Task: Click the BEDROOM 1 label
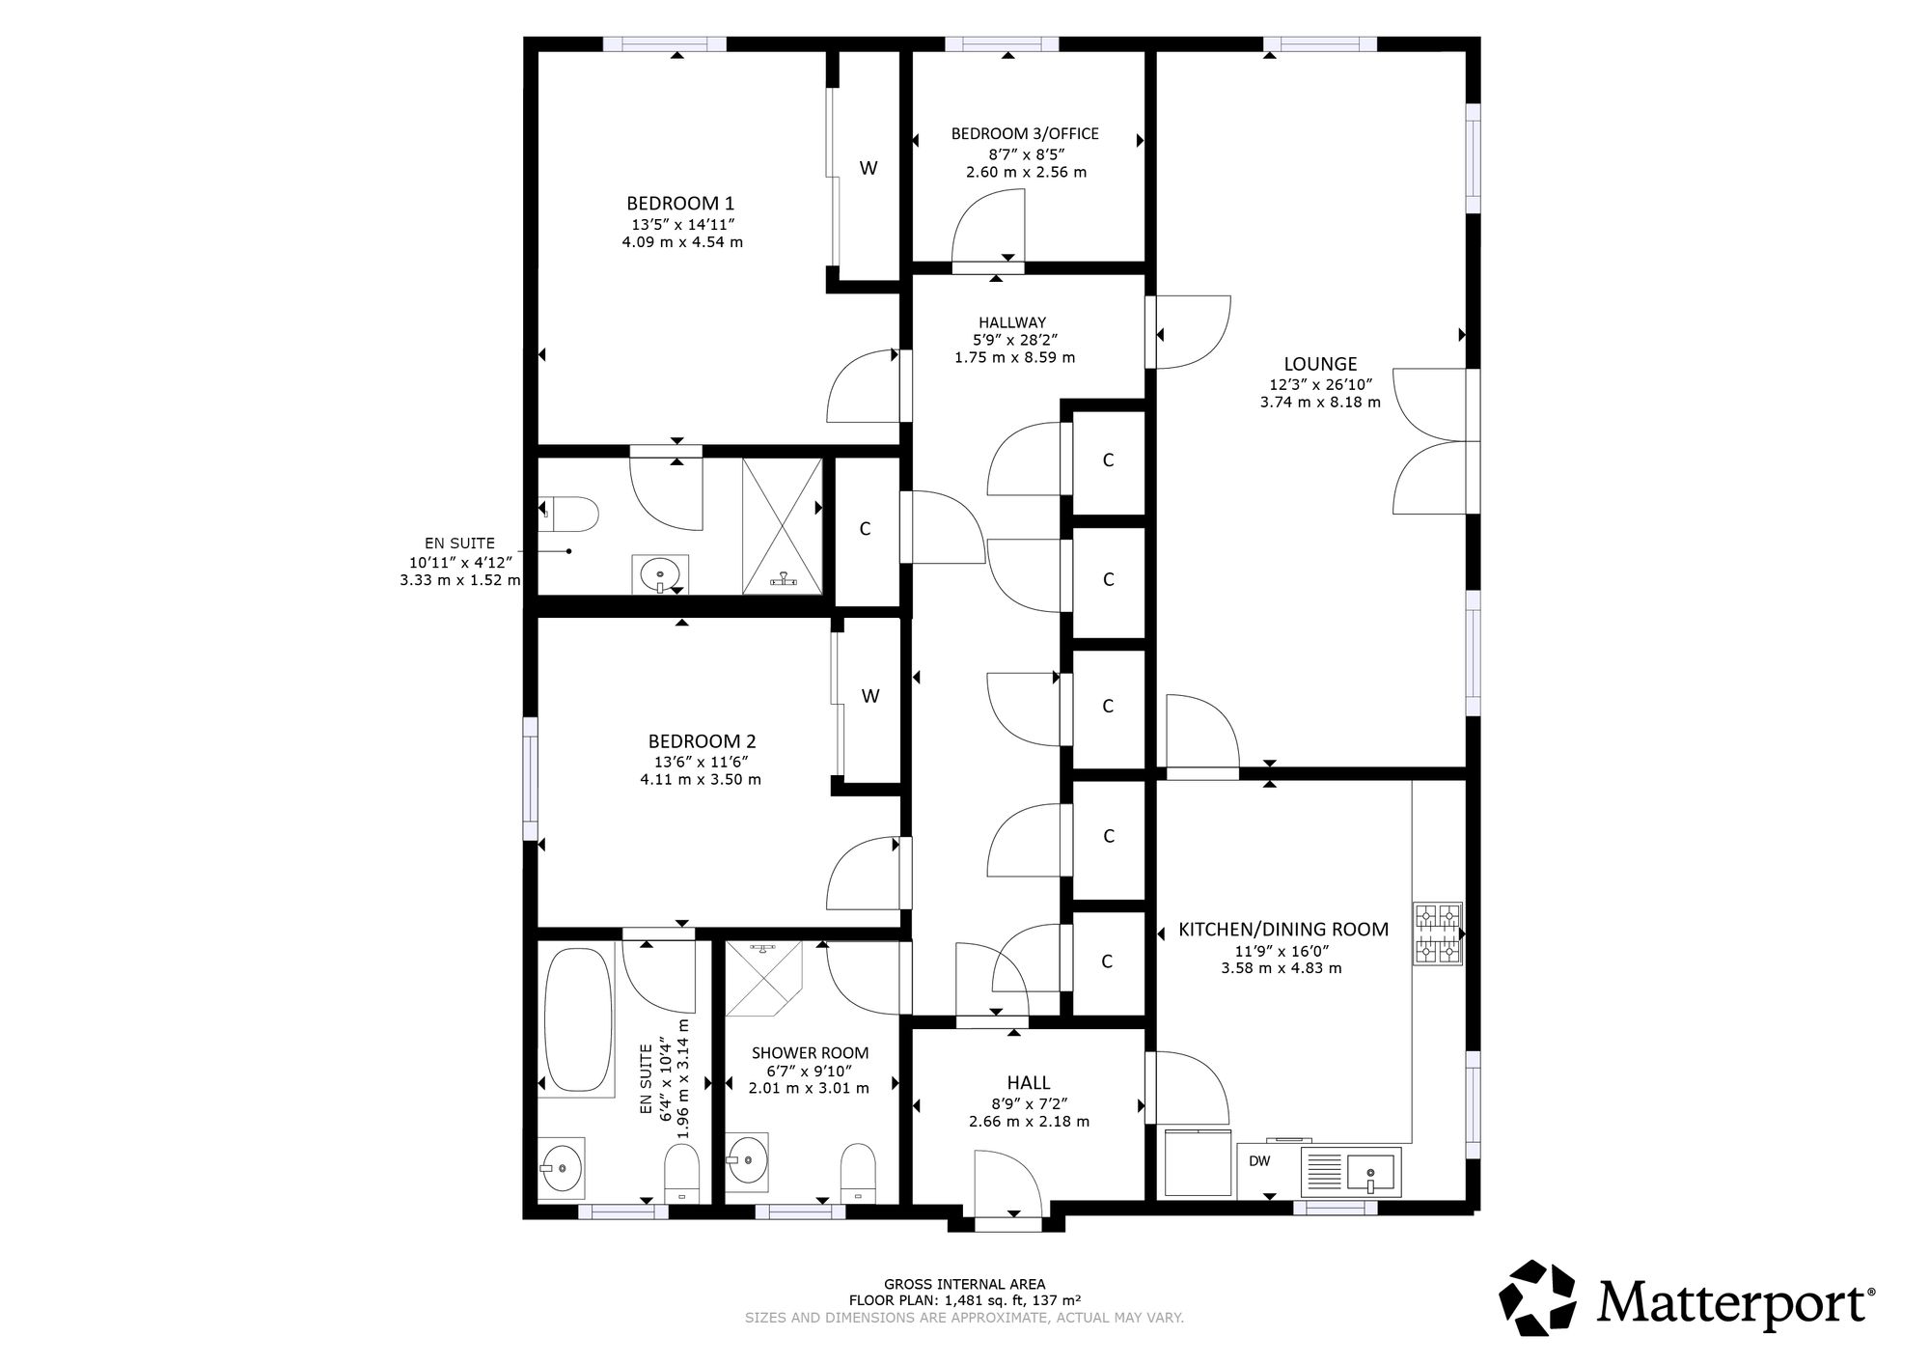pos(680,204)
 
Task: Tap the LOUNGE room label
pos(1320,364)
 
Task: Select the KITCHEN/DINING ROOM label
pos(1283,930)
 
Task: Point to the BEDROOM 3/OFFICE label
pos(1025,134)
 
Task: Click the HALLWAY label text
pos(1012,322)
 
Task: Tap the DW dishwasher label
pos(1259,1161)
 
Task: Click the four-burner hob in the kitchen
pos(1438,933)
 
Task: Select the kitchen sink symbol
pos(1352,1172)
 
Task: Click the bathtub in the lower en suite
pos(578,1020)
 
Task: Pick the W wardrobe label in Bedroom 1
pos(868,168)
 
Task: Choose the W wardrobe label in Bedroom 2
pos(870,696)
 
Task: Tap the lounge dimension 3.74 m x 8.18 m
pos(1320,403)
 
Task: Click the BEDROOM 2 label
pos(702,741)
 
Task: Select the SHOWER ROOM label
pos(810,1053)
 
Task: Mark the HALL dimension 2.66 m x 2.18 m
pos(1029,1122)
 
